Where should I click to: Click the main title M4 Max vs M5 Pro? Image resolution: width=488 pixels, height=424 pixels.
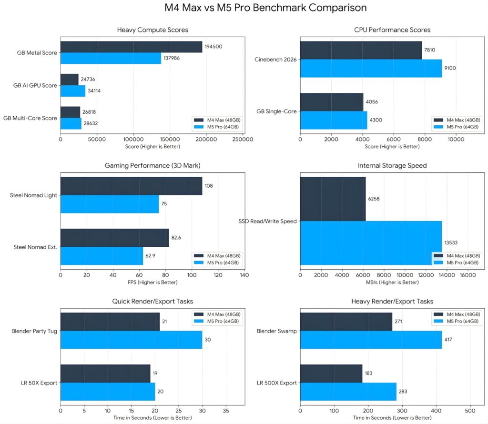tap(244, 8)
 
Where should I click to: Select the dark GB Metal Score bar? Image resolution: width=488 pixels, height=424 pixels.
tap(131, 47)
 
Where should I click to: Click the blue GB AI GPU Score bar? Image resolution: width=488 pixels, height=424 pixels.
tap(73, 91)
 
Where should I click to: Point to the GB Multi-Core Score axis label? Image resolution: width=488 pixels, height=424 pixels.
tap(30, 118)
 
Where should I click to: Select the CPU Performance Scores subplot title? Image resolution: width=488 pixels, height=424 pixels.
tap(392, 30)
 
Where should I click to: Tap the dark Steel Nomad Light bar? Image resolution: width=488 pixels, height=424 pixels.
tap(131, 186)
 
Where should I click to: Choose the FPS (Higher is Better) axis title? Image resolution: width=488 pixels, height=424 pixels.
tap(152, 283)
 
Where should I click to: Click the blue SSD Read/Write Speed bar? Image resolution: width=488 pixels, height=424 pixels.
tap(371, 242)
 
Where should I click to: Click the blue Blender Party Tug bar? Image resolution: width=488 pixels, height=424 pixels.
tap(131, 340)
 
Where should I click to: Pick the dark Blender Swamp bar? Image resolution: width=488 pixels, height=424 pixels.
tap(346, 322)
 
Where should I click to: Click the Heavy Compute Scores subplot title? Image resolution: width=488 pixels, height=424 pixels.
tap(152, 30)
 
